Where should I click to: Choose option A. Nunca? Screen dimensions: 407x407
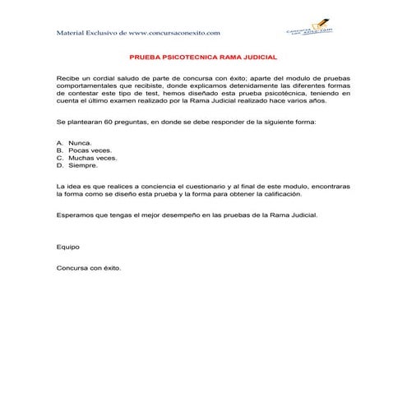point(74,143)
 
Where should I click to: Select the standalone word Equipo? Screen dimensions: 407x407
point(67,246)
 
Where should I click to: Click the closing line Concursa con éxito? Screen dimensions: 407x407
point(89,267)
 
